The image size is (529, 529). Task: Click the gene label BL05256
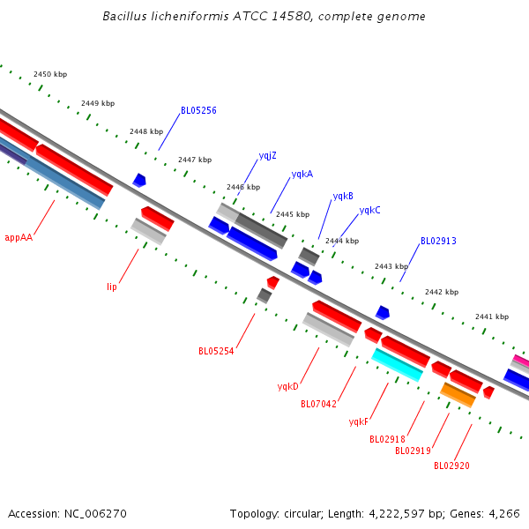click(198, 111)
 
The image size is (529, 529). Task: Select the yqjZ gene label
click(267, 155)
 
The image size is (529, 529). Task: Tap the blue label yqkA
click(302, 175)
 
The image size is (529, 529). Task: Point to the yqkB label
click(343, 196)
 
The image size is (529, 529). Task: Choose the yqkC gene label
click(369, 210)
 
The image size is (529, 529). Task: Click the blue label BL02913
click(438, 241)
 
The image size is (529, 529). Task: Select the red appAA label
click(19, 237)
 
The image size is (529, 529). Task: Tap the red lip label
click(112, 287)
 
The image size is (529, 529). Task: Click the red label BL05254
click(216, 351)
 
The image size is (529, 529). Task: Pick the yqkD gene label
click(288, 386)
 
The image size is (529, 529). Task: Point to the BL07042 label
click(318, 405)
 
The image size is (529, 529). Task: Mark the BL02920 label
click(451, 466)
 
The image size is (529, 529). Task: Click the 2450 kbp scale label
click(50, 75)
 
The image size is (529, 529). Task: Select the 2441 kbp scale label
click(492, 317)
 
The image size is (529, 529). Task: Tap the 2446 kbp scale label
click(243, 187)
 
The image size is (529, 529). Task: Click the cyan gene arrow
click(398, 364)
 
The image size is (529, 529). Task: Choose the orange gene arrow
click(458, 394)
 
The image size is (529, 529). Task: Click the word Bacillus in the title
click(123, 17)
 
